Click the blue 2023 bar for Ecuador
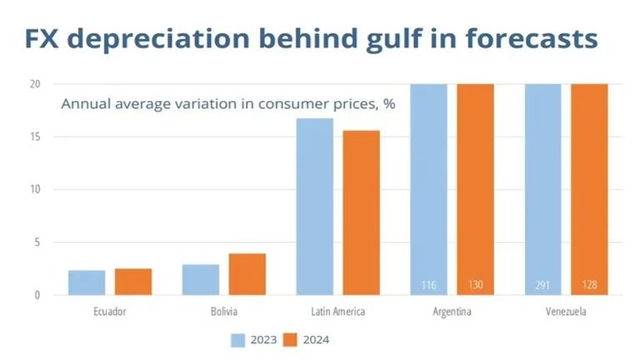[86, 283]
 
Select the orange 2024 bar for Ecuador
[133, 282]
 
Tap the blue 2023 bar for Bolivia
[200, 280]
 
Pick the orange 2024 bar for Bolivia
[247, 274]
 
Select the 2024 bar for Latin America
[362, 212]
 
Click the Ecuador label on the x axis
[110, 312]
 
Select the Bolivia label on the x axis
[224, 312]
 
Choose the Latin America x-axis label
[338, 312]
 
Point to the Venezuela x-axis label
[566, 312]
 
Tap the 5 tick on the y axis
[37, 243]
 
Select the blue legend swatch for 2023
[239, 339]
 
